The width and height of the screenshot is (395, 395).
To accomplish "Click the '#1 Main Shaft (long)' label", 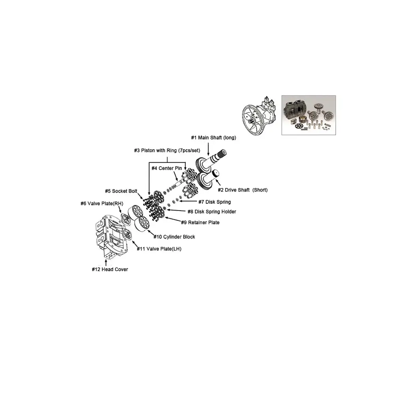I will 214,137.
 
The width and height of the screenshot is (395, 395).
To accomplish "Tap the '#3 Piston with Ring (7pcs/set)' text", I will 167,150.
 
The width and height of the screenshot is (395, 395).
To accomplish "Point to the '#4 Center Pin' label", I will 167,168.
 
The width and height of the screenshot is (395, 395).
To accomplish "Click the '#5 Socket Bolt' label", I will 121,191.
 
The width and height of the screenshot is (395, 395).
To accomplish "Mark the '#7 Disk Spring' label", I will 214,202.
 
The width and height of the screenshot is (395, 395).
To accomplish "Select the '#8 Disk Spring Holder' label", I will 212,212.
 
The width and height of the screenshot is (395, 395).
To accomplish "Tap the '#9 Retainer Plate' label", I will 200,222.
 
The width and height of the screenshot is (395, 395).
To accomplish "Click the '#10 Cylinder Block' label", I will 174,237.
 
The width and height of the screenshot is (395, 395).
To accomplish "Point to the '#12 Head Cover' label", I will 110,269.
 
